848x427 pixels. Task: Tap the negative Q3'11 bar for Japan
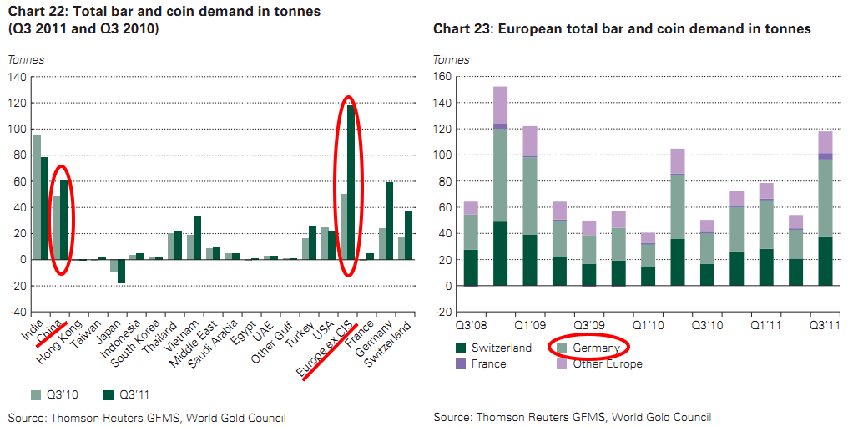point(122,272)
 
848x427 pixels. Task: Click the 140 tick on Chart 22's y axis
point(17,77)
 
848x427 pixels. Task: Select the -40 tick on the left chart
point(15,312)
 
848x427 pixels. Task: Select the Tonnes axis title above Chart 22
point(26,59)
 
